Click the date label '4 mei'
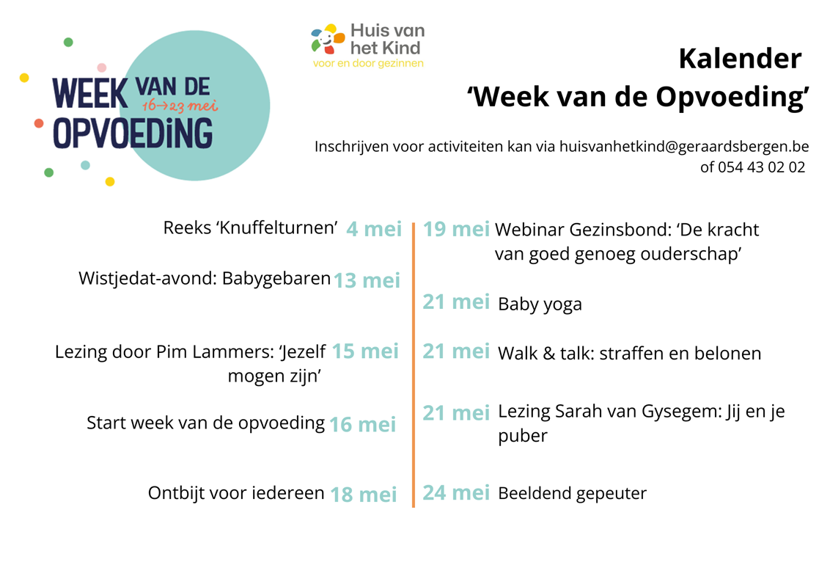[x=374, y=229]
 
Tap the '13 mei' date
[x=367, y=280]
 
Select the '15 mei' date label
[x=364, y=351]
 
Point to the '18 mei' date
[x=363, y=495]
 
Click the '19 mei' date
[x=456, y=229]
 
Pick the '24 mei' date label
[x=456, y=492]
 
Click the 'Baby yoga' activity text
[x=540, y=305]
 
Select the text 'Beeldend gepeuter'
[x=572, y=494]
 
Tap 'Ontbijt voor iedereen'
[x=236, y=492]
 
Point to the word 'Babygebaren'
[x=276, y=279]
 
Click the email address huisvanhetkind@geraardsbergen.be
[x=684, y=146]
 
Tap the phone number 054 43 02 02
[x=761, y=167]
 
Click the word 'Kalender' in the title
[x=740, y=58]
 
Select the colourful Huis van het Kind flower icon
[x=328, y=39]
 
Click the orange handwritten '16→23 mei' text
[x=180, y=106]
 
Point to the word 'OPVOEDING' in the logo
[x=133, y=133]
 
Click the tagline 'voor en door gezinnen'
[x=368, y=64]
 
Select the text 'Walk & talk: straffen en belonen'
[x=629, y=354]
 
